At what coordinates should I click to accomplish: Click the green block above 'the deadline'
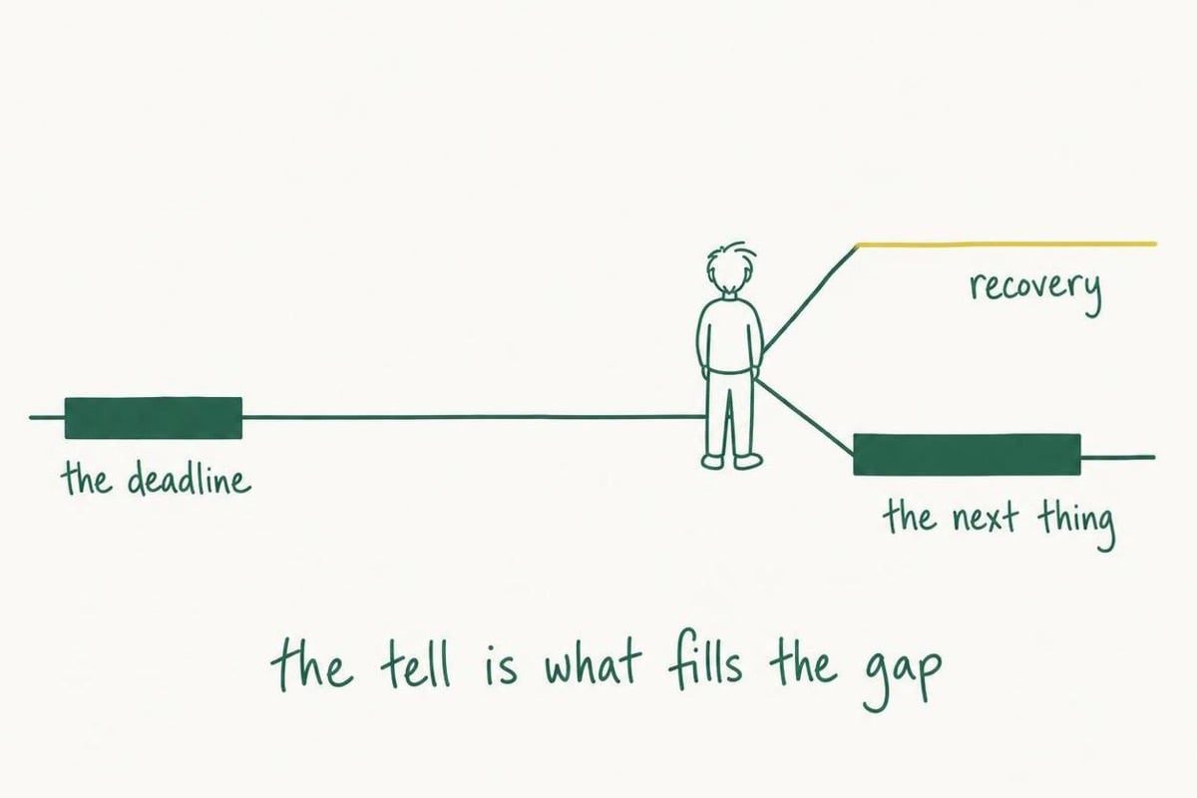154,418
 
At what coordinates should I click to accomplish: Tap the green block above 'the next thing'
967,454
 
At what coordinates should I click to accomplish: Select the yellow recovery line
1006,244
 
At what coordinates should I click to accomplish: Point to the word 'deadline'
190,479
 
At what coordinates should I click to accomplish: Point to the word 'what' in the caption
592,664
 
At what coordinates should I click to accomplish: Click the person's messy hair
731,265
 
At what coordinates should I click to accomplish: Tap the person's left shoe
713,461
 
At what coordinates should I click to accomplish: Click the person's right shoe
748,461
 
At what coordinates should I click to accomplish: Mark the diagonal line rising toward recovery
810,299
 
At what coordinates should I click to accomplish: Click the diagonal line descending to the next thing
804,416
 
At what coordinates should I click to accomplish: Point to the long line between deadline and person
473,417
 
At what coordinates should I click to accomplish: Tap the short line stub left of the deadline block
47,417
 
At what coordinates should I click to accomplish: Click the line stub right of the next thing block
1118,458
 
